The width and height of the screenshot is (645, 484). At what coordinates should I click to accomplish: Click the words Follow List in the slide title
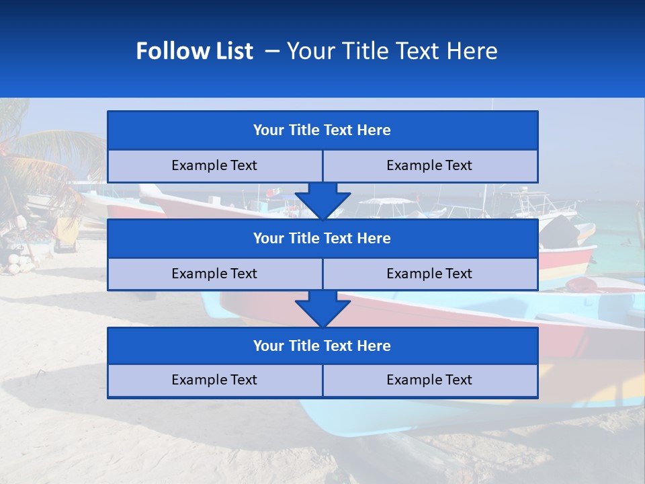(x=194, y=51)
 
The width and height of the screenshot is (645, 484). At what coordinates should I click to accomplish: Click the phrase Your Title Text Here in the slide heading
(x=392, y=51)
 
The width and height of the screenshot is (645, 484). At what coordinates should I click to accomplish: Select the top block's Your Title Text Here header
(x=322, y=130)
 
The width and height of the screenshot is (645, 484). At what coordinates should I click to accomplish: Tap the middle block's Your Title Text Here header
(x=322, y=239)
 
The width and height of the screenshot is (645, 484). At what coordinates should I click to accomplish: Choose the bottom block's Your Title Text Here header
(x=322, y=346)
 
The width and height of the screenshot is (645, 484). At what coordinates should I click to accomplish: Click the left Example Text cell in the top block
(x=214, y=166)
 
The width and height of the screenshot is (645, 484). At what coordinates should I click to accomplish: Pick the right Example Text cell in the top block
(x=429, y=166)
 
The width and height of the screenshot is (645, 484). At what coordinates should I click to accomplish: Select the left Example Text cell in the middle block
(x=214, y=274)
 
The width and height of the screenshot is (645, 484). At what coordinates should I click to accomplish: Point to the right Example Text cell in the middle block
(x=429, y=274)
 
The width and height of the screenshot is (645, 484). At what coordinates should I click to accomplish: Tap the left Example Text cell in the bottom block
(x=214, y=380)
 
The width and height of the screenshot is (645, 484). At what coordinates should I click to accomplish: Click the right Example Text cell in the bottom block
(x=429, y=380)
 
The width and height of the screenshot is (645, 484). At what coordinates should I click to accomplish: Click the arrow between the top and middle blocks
(x=322, y=200)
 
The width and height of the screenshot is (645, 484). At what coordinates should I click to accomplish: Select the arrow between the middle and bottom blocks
(x=322, y=309)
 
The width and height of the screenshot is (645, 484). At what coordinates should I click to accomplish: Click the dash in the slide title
(x=272, y=51)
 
